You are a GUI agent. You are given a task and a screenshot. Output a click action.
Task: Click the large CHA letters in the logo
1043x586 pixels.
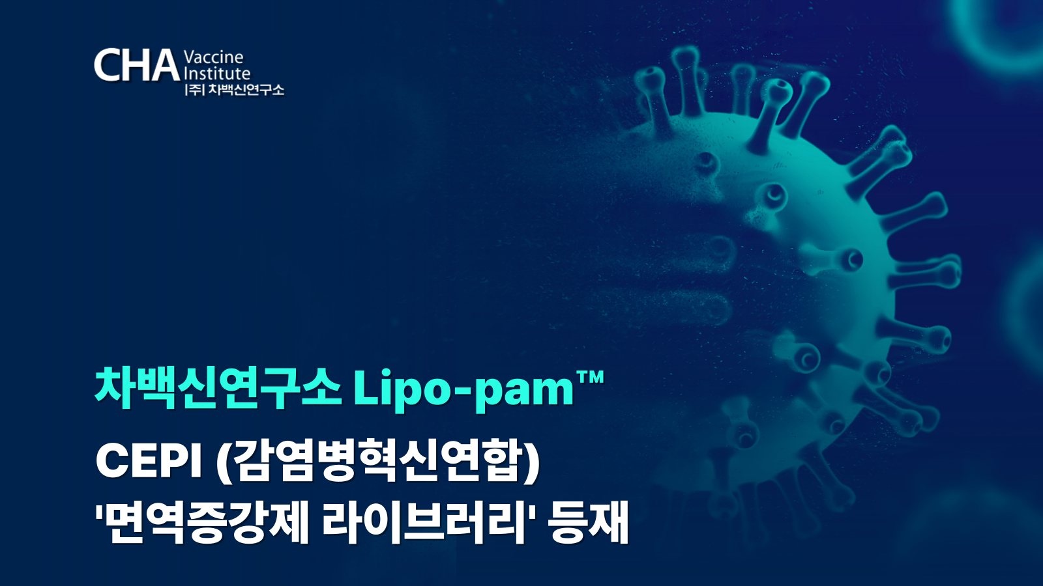(137, 64)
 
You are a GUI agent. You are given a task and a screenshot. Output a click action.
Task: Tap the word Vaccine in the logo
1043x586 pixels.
(214, 57)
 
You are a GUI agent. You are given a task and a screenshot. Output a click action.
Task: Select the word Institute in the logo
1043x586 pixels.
(218, 74)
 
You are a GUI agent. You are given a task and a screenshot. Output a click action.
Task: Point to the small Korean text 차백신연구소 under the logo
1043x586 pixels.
(246, 89)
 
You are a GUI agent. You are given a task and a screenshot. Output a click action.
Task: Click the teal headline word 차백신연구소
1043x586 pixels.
(218, 388)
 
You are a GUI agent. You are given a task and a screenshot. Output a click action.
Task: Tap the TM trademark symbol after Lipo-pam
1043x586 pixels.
(590, 378)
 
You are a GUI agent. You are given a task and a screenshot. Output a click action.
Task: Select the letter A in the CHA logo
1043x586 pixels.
(164, 65)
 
